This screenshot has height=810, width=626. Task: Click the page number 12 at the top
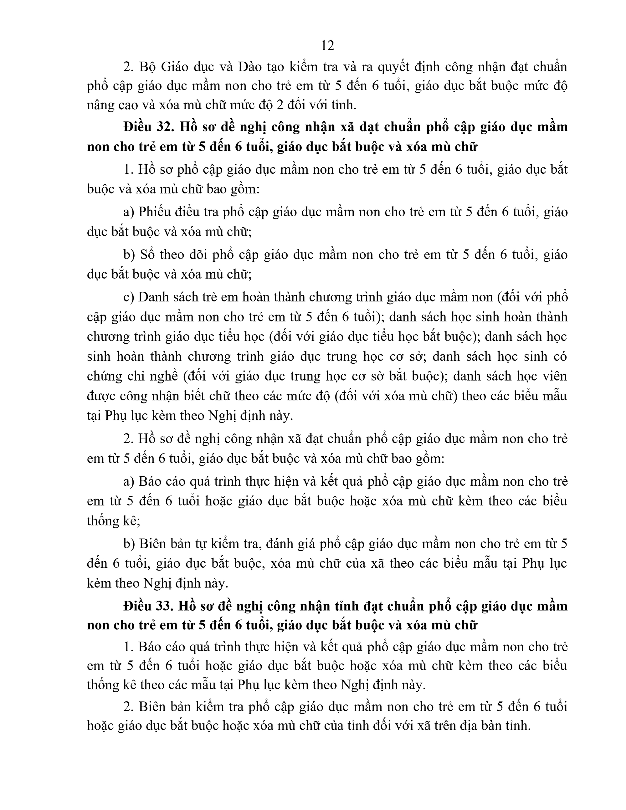tap(327, 46)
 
